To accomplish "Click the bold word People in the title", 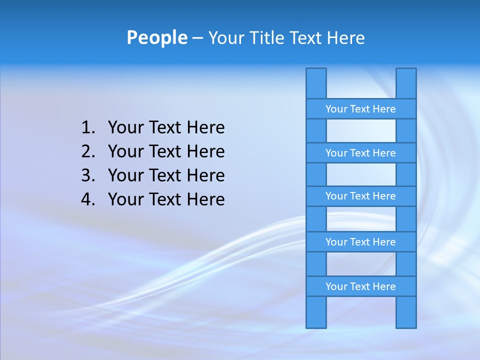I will (156, 37).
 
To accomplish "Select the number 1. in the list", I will (88, 128).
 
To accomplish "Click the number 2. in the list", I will (88, 151).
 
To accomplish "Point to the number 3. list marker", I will (88, 175).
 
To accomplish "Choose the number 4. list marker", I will (88, 199).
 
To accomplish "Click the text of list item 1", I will (166, 128).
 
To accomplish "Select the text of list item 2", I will (166, 151).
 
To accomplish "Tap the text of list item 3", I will (166, 175).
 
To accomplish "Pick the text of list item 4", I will (166, 199).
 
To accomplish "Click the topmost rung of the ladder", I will (360, 109).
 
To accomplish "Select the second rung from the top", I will (360, 153).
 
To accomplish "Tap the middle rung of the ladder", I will (360, 196).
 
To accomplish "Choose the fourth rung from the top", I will (360, 242).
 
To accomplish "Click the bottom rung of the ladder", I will (360, 286).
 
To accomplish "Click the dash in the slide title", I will (197, 38).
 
